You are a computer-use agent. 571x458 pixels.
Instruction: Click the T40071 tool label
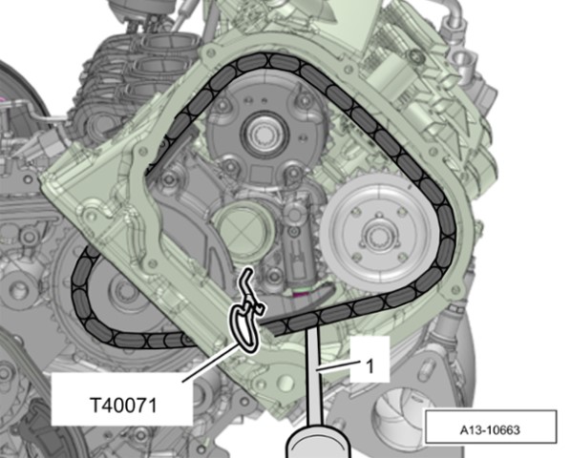click(x=123, y=405)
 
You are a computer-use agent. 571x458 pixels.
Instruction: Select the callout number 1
click(x=370, y=366)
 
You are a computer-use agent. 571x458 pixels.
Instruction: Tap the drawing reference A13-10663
click(x=490, y=430)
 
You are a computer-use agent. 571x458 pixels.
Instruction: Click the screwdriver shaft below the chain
click(x=314, y=375)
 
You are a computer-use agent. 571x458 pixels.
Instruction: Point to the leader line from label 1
click(x=339, y=365)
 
